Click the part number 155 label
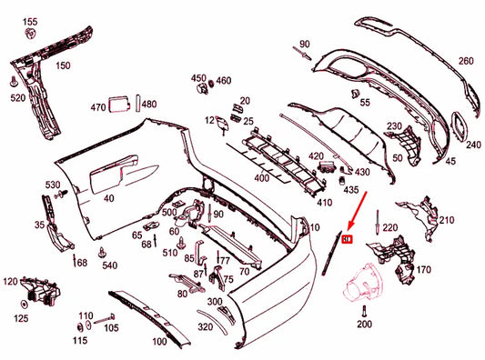31,21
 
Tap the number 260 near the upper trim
466,61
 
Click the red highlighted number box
349,239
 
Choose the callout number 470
99,107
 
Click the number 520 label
17,97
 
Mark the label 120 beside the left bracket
12,281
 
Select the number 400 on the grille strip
261,178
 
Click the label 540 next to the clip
110,265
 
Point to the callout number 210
446,220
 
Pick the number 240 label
473,145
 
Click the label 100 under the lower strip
159,342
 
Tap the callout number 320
206,326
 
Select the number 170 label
423,270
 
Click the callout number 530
54,185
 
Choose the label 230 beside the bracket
395,126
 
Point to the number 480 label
148,105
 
